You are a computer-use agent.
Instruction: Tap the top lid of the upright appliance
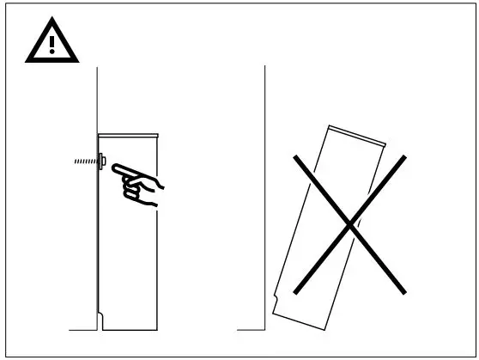click(128, 134)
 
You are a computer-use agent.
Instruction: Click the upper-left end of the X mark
click(294, 156)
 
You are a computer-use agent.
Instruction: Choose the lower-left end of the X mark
click(294, 290)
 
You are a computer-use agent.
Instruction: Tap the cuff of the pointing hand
click(158, 187)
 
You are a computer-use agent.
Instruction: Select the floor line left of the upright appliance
click(82, 329)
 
